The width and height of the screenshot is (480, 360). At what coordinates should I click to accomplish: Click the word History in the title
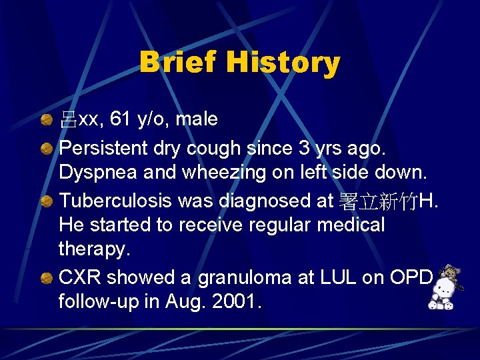pos(283,63)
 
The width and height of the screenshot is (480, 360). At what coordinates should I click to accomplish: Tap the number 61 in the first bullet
pos(121,119)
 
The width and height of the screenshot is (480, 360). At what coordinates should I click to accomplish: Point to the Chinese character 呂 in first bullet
pos(68,120)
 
